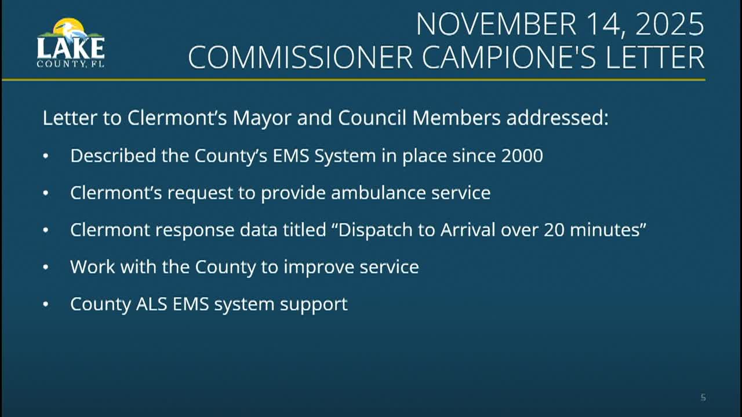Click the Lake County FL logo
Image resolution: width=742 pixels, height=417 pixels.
click(71, 43)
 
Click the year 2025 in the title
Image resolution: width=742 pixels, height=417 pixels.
click(670, 24)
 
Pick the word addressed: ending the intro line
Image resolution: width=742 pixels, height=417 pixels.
click(557, 118)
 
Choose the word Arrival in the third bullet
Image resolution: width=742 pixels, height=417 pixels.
click(467, 230)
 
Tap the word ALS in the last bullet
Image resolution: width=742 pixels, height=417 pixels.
click(151, 304)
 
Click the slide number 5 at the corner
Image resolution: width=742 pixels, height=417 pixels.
click(703, 397)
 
